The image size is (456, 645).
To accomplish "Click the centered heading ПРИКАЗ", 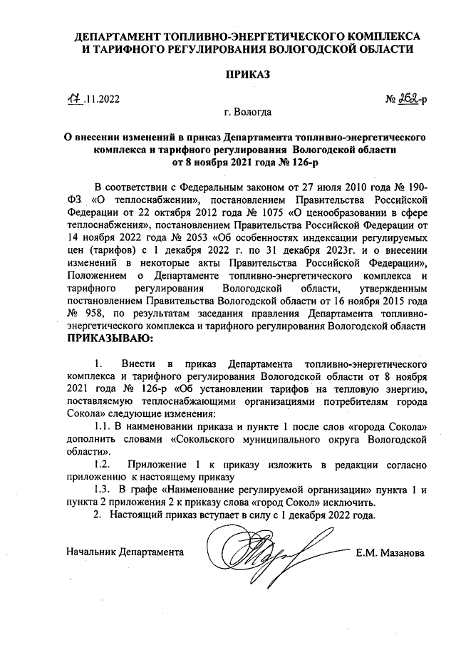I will click(x=247, y=75).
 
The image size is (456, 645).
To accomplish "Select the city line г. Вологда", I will click(x=247, y=113).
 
